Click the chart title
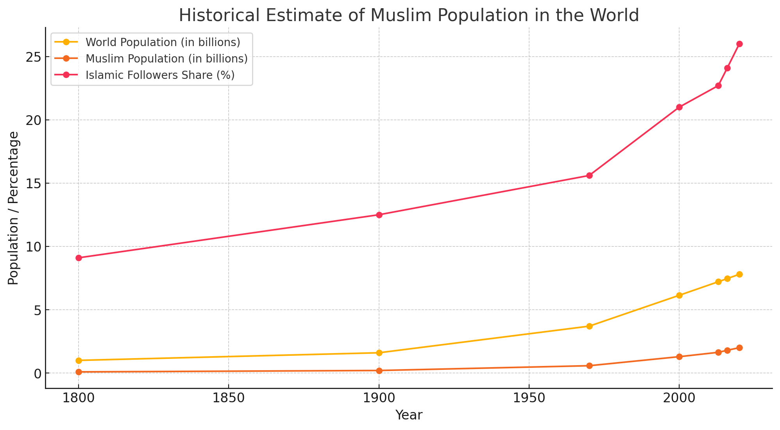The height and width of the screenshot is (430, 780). click(x=409, y=16)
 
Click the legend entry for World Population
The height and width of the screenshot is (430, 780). click(x=163, y=42)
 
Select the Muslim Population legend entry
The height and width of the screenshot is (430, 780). click(x=166, y=59)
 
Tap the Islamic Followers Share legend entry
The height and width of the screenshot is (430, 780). click(x=160, y=75)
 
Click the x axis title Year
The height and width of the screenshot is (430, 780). click(x=409, y=416)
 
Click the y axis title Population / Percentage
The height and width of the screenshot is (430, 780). click(x=13, y=208)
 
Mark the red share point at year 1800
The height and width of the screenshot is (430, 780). click(x=79, y=258)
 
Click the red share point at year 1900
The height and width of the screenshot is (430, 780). click(x=379, y=215)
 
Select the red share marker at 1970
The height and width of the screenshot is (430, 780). click(x=589, y=175)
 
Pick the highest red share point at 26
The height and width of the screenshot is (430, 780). click(x=739, y=44)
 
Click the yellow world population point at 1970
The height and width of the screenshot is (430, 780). click(x=589, y=326)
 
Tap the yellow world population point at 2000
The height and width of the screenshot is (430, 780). click(x=679, y=295)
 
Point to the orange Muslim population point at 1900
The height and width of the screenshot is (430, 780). click(x=379, y=371)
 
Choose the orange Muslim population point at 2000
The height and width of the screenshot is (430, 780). click(x=679, y=357)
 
